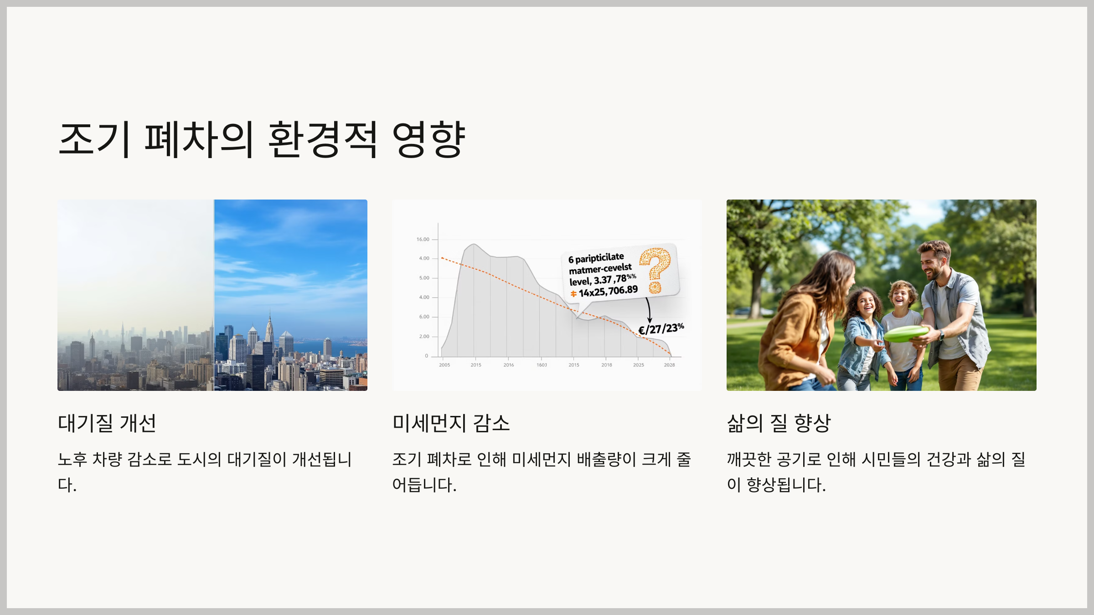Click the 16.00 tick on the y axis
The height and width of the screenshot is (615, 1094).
[x=423, y=239]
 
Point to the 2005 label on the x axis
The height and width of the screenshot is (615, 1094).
[x=444, y=365]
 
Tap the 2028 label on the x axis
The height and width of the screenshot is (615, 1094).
[x=669, y=365]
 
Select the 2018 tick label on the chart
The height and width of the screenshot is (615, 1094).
[x=607, y=365]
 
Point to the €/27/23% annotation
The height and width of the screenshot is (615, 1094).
[x=661, y=328]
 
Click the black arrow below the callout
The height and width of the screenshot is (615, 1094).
[x=649, y=310]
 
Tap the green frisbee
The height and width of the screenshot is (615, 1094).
[x=906, y=333]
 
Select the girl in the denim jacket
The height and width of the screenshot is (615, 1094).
[x=863, y=337]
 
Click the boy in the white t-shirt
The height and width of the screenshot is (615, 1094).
[x=902, y=333]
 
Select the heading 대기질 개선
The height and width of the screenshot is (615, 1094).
[x=107, y=423]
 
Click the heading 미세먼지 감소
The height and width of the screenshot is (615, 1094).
[x=451, y=423]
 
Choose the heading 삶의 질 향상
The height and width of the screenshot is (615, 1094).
[x=779, y=423]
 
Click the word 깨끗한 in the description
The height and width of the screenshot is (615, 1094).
[x=749, y=459]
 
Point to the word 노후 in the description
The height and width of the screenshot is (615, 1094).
[x=72, y=459]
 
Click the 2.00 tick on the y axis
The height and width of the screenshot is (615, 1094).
[x=424, y=337]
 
